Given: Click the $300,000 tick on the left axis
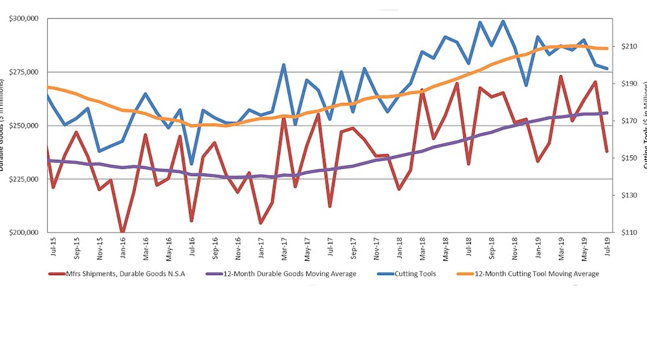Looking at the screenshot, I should coord(23,19).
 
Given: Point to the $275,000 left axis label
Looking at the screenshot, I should coord(23,73).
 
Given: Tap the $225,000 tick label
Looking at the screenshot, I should coord(23,179).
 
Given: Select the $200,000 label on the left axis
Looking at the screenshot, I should coord(23,232).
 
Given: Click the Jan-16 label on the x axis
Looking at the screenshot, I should coord(122,249).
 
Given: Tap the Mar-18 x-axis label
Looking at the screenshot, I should coord(422,249).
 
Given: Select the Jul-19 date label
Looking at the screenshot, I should coord(607,249).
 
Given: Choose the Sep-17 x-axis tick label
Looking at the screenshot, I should coord(353,249).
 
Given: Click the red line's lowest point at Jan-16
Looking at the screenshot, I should coord(122,232).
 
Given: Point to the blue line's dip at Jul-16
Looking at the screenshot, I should coord(192,164).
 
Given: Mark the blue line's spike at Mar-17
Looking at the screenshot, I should coord(283,65).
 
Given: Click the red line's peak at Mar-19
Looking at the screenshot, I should coord(560,76).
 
